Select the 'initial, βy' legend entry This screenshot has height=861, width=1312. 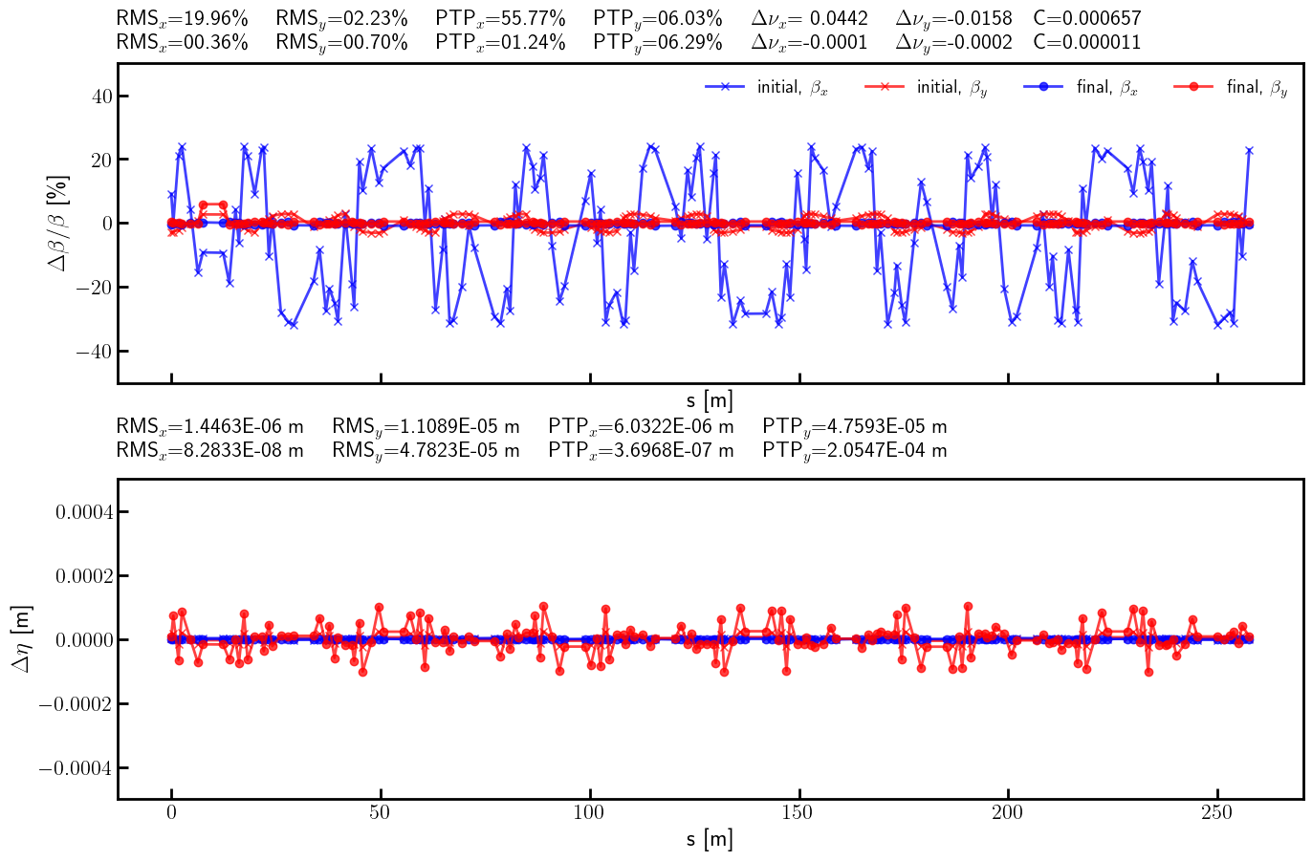pos(927,87)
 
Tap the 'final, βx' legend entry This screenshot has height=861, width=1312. pos(1082,87)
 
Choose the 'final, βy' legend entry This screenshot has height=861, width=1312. pos(1233,87)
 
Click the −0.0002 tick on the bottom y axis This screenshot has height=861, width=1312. pos(74,704)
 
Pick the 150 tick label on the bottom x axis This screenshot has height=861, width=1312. pos(798,812)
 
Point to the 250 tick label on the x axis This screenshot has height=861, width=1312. pos(1216,812)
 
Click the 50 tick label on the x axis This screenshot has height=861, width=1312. pos(381,812)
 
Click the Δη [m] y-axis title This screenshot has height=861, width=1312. pos(21,638)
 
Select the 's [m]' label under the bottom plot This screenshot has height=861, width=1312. pos(710,839)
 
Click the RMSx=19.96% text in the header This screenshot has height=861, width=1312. pos(182,18)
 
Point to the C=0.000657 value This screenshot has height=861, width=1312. pos(1087,18)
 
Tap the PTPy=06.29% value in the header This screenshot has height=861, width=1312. pos(658,42)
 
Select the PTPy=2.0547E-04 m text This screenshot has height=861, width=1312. pos(855,449)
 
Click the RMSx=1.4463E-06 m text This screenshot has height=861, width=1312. pos(210,425)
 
